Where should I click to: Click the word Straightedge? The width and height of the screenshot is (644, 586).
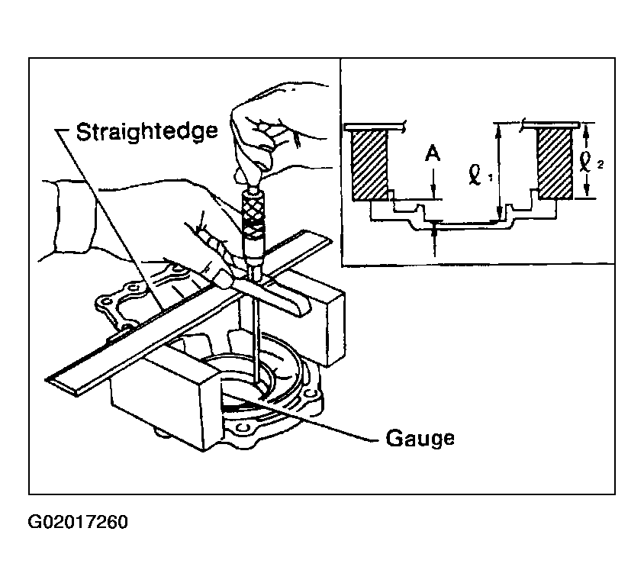tap(147, 132)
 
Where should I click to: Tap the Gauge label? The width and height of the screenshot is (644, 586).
tap(420, 439)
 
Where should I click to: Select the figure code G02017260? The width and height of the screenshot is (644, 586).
tap(78, 522)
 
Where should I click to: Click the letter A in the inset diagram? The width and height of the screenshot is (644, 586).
tap(433, 154)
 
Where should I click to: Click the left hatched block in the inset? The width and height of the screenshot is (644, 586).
tap(369, 164)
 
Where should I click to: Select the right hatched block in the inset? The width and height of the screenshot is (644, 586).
tap(555, 163)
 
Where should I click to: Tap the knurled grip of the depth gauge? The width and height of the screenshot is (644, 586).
tap(252, 217)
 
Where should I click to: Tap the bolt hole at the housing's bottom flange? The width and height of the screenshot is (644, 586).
tap(242, 429)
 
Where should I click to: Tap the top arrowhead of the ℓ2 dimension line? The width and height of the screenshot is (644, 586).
tap(587, 130)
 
